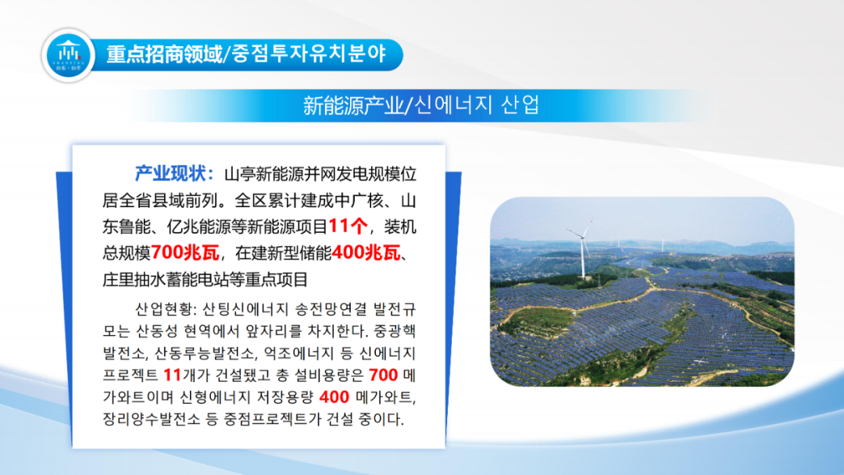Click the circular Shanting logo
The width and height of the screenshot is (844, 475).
68,55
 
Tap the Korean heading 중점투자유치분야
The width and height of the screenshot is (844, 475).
309,55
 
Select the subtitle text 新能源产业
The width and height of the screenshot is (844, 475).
352,105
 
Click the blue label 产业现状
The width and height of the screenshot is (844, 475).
170,173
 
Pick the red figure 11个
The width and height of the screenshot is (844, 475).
348,227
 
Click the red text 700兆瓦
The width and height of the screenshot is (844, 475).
185,253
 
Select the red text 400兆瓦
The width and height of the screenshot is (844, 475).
366,253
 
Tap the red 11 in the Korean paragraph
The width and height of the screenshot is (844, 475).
172,375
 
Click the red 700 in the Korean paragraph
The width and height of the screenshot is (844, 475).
383,375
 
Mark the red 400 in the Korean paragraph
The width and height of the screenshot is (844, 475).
334,397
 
